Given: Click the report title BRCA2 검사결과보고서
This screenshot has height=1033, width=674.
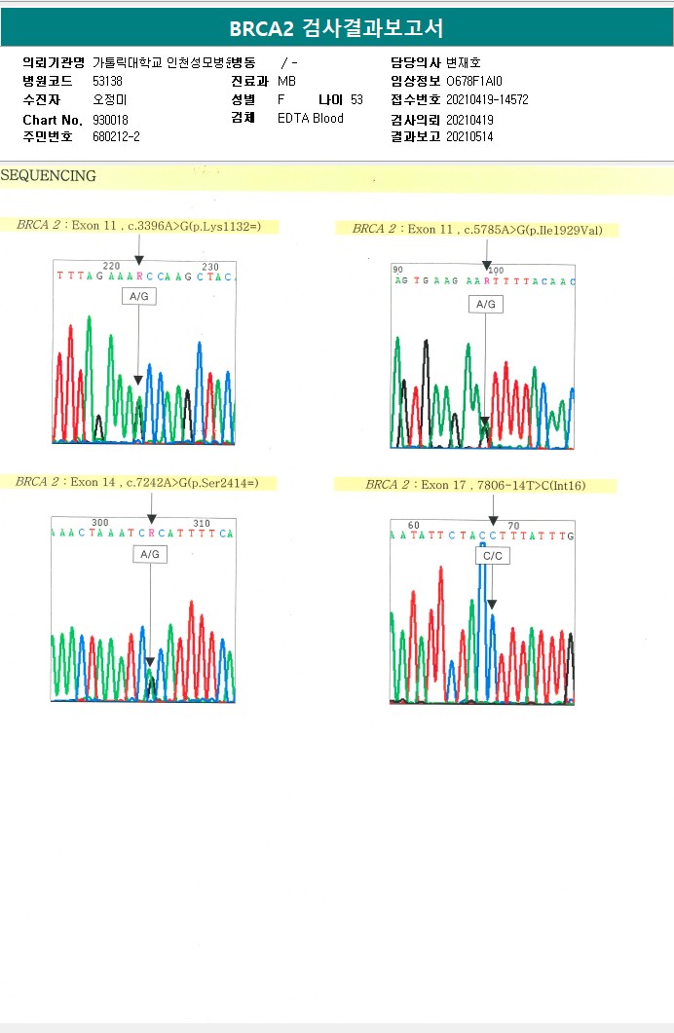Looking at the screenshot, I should coord(336,28).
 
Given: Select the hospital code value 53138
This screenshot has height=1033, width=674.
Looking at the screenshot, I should coord(107,81).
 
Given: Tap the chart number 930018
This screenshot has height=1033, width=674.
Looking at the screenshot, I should coord(110,119).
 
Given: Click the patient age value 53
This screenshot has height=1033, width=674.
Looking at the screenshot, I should coord(356,99).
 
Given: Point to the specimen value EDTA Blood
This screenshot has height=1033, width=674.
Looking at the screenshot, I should coord(311,119).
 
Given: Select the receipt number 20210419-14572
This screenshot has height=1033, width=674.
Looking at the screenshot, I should coord(487,99).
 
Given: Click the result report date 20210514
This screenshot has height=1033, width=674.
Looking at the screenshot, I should coord(469,137).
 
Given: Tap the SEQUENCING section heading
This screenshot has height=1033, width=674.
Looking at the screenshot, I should coord(49,176).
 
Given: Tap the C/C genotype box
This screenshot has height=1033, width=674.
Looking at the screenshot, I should coord(492,556).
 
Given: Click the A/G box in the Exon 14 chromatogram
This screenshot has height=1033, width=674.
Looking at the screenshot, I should coord(150,554).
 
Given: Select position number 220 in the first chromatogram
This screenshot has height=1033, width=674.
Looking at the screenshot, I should coord(111,266).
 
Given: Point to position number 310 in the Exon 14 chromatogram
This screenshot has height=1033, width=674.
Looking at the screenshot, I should coord(202,523).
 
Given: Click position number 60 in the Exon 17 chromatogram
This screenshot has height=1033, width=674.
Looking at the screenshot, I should coord(414,526).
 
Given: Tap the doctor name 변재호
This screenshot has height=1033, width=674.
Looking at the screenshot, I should coord(464,62).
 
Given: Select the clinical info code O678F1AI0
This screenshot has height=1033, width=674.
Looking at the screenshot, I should coord(474,81).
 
